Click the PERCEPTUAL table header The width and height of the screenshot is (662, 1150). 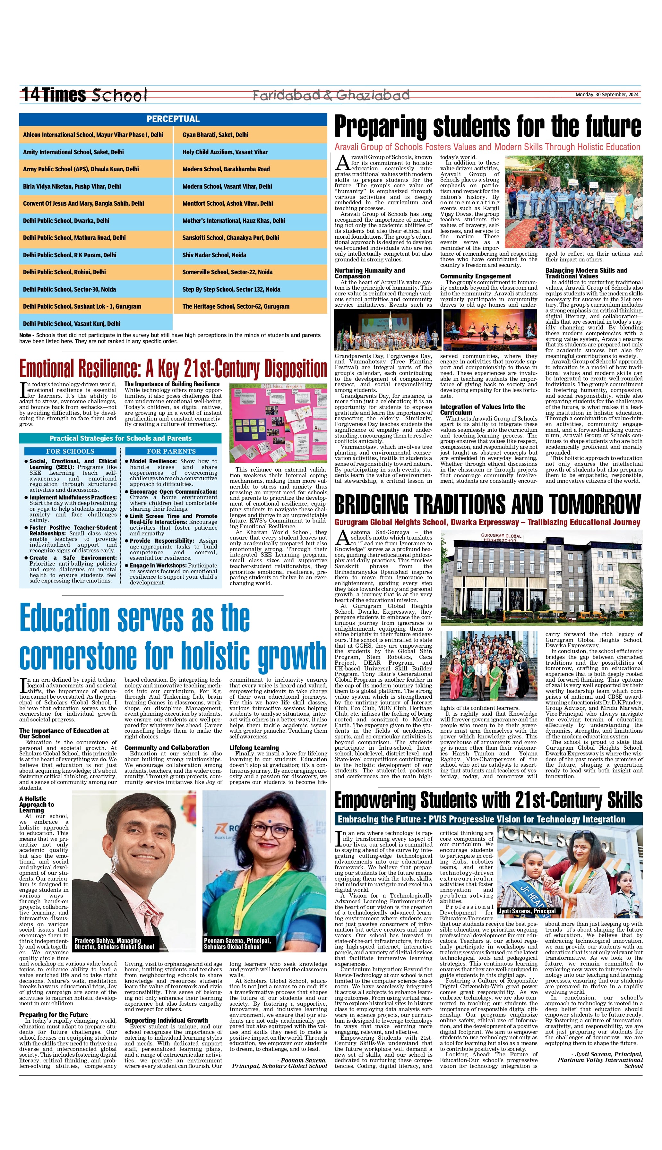[173, 119]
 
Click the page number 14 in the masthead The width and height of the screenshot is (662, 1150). [30, 95]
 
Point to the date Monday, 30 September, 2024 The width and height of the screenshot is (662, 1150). [607, 95]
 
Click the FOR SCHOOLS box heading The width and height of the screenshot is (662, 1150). [70, 451]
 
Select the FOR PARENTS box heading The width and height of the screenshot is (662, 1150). [171, 451]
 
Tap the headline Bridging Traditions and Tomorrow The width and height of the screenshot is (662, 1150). [487, 505]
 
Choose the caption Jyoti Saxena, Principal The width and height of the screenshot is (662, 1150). [527, 911]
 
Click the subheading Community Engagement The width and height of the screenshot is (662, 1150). [476, 276]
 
